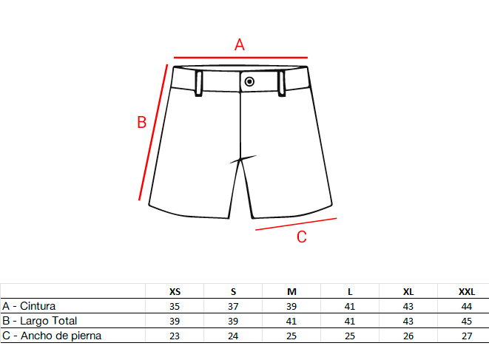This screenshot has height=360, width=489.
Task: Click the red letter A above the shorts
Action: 240,44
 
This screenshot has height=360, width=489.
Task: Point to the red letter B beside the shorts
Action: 142,122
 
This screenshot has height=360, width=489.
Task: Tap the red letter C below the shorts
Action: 302,237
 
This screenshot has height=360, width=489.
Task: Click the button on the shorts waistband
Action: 249,81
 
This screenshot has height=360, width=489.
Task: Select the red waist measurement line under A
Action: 240,58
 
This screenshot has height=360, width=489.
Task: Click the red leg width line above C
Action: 296,224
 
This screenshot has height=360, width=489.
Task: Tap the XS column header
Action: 175,292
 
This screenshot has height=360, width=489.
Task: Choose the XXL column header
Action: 467,292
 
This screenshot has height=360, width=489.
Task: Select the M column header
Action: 291,292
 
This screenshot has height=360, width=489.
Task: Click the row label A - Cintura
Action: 29,306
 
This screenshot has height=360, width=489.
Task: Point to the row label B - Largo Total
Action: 39,321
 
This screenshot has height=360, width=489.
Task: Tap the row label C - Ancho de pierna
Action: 52,336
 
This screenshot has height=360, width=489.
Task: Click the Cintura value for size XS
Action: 175,306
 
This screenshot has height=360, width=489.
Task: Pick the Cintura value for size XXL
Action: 467,306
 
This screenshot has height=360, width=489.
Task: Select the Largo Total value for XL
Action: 408,321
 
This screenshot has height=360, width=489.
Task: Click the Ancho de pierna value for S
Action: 233,336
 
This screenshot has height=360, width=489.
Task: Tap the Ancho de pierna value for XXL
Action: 467,336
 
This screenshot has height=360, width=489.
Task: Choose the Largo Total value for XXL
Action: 467,321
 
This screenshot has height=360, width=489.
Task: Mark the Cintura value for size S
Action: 233,306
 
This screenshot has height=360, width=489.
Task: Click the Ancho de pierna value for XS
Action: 175,336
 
